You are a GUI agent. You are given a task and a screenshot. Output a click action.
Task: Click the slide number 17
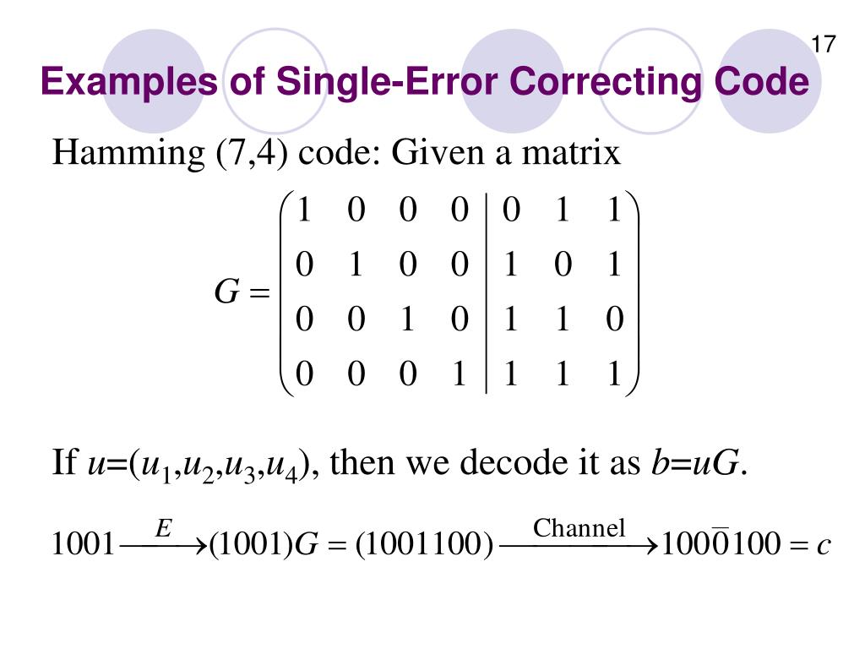pos(823,45)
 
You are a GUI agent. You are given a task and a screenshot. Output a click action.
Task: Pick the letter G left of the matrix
pos(227,292)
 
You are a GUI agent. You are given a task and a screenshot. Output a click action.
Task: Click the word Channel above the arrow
pos(579,529)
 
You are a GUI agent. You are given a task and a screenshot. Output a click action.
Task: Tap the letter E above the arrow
pos(163,529)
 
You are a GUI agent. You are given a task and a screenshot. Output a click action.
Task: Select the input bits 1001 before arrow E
pos(83,546)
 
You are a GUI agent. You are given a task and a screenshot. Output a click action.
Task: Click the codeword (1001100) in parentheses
pos(424,546)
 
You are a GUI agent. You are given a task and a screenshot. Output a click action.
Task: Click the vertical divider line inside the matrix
pos(486,292)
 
